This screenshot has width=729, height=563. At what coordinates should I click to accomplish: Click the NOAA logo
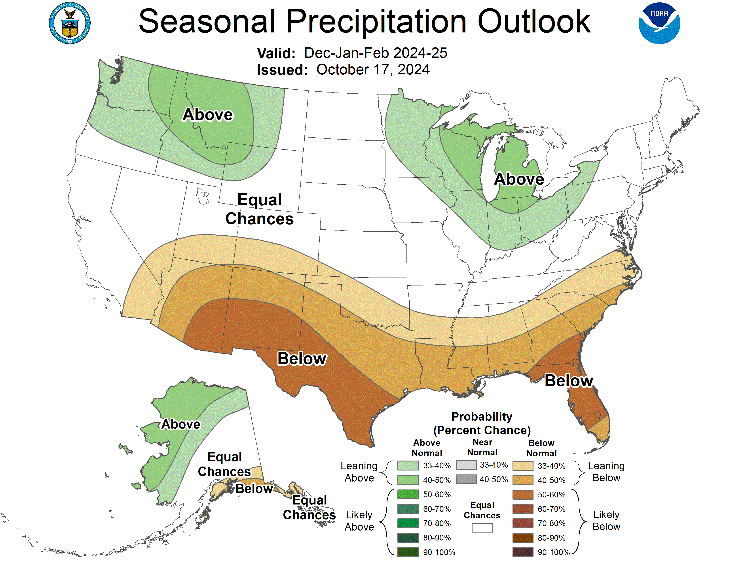point(659,23)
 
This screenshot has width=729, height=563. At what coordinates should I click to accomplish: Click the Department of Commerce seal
point(70,23)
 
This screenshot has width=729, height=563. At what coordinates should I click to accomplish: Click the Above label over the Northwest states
point(208,115)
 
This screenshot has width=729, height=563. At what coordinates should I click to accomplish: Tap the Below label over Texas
point(302,359)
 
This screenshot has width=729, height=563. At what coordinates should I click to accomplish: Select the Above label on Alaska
point(181,424)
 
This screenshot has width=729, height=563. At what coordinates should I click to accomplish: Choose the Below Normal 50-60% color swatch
point(523,494)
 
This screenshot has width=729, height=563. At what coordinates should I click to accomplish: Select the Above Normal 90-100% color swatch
point(408,552)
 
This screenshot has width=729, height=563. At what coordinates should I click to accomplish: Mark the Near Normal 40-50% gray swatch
point(466,479)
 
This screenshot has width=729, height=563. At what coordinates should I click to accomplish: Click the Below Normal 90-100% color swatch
point(523,552)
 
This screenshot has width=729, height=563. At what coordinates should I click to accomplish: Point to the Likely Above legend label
point(359,521)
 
